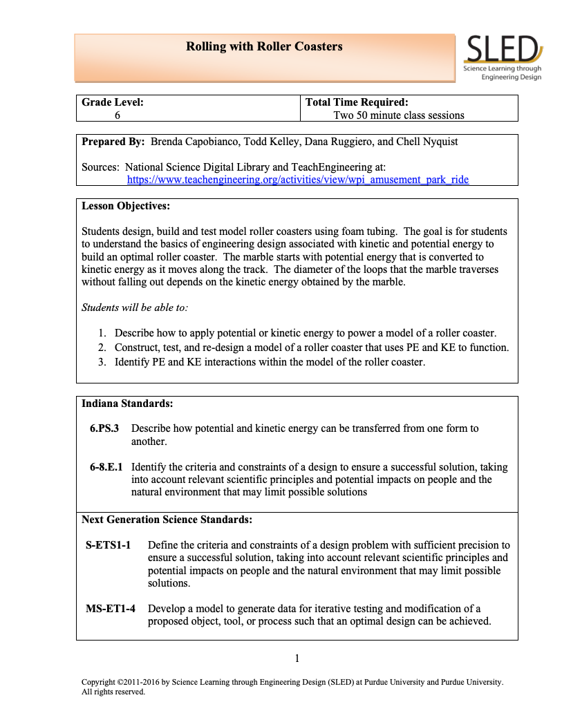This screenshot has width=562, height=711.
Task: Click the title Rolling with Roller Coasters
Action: tap(264, 47)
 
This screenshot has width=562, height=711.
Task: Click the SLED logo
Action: tap(503, 57)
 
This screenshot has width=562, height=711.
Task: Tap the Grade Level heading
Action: tap(113, 102)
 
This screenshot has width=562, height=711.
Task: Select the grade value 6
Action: tap(118, 115)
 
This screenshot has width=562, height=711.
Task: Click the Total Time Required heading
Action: tap(357, 102)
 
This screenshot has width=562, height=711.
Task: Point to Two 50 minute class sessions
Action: tap(398, 115)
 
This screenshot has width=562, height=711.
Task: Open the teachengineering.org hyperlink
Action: tap(297, 180)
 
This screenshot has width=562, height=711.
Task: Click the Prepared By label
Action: tap(113, 142)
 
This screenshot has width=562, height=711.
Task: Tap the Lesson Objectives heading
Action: tap(125, 206)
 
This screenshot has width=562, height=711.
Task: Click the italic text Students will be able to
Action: tap(134, 307)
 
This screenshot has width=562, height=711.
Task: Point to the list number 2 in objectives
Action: tap(101, 348)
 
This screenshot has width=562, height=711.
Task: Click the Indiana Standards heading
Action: tap(127, 403)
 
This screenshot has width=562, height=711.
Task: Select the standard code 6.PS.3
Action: tap(104, 428)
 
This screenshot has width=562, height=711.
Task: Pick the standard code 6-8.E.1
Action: tap(106, 467)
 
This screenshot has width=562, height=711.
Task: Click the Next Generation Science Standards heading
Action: tap(167, 519)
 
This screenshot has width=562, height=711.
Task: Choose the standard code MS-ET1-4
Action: tap(111, 609)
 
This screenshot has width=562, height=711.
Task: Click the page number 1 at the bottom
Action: tap(297, 658)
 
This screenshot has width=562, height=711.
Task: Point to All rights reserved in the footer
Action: tap(113, 691)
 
